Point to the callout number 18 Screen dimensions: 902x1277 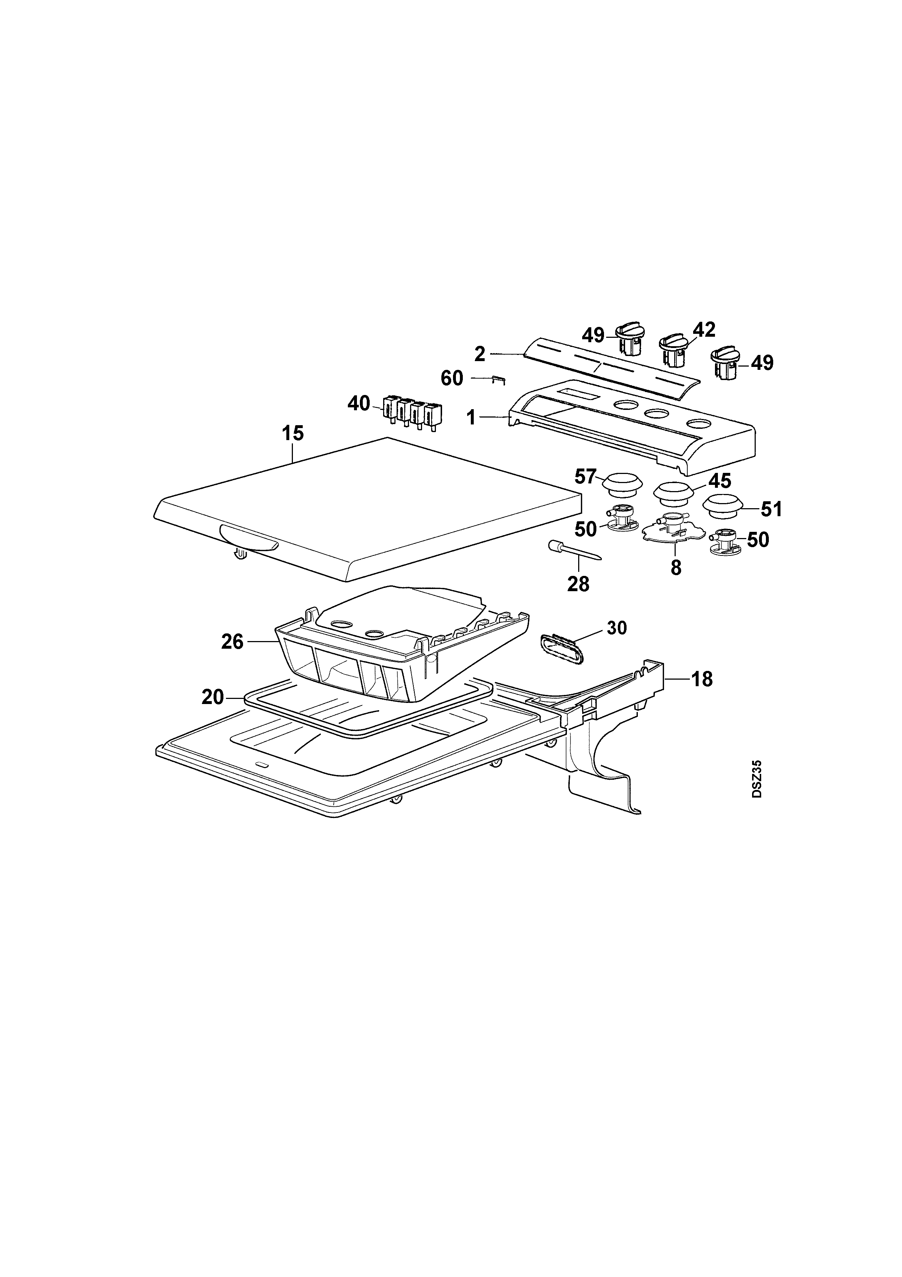coord(702,679)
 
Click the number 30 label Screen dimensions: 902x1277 coord(617,628)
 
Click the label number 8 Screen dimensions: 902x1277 coord(676,568)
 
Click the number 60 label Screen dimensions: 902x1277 coord(452,378)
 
